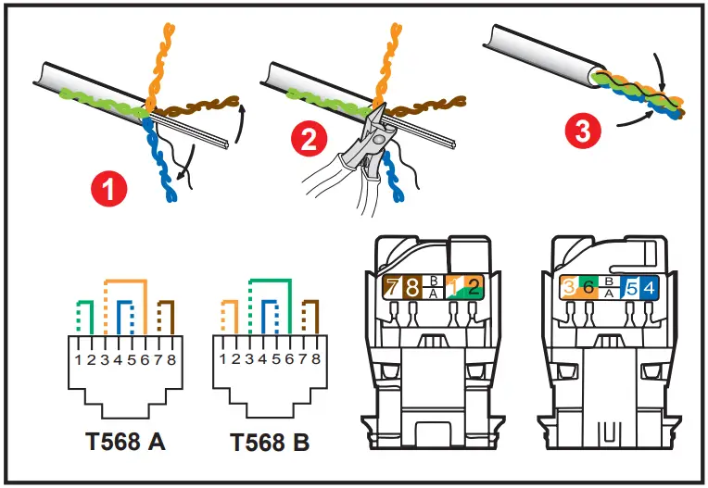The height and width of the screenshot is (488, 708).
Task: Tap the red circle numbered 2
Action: [x=309, y=141]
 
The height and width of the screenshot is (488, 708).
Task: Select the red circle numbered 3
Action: [x=582, y=131]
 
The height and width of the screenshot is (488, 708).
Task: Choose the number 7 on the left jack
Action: [x=392, y=287]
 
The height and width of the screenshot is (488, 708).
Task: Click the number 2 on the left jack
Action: [x=474, y=287]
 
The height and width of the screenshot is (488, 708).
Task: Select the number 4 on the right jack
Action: [x=648, y=288]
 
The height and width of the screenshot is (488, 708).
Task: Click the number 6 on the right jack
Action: [x=588, y=288]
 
